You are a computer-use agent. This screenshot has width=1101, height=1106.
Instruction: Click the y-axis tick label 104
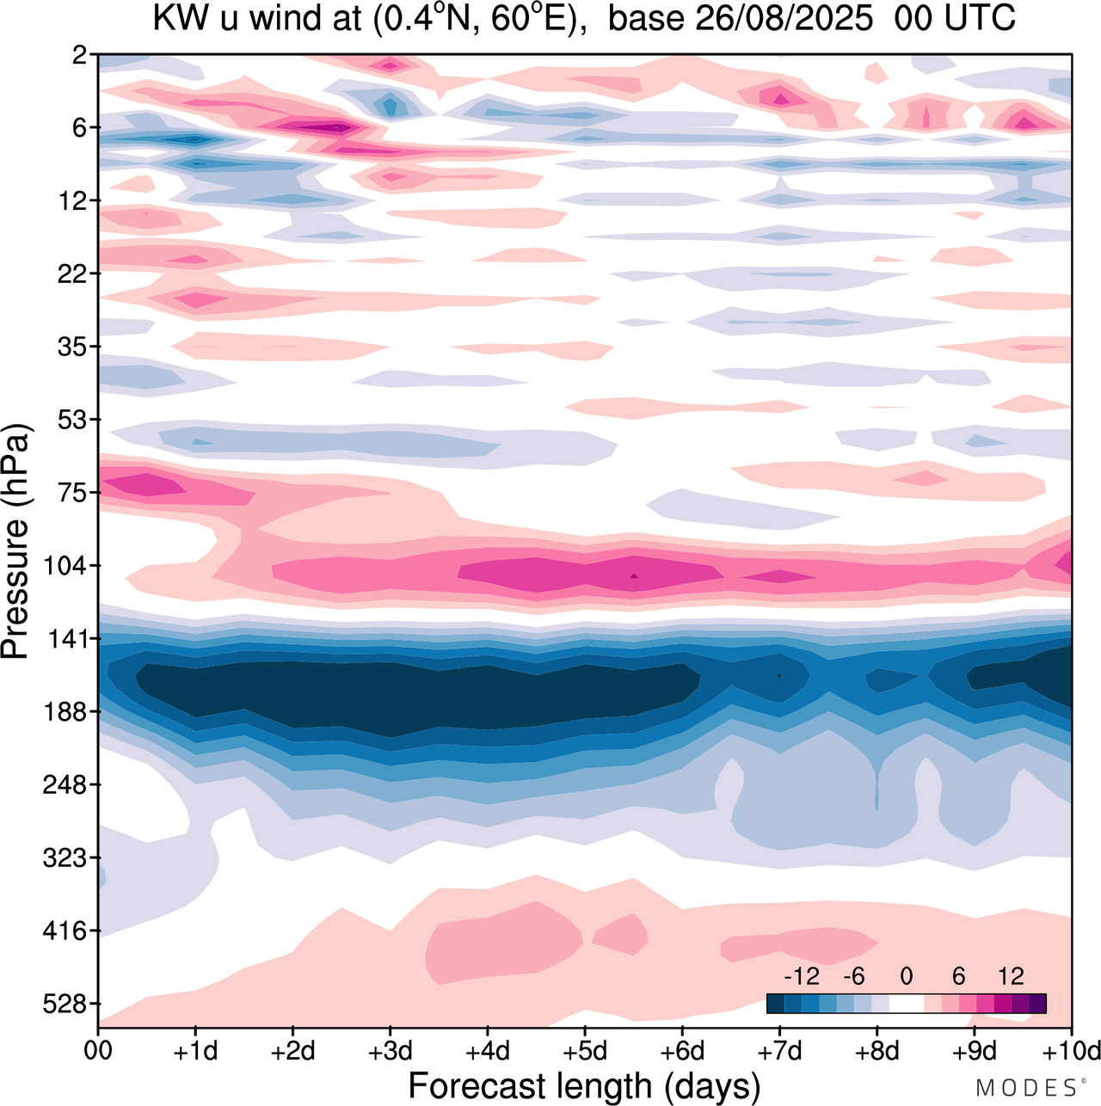pyautogui.click(x=69, y=566)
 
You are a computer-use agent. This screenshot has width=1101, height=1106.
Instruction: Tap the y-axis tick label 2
pyautogui.click(x=80, y=55)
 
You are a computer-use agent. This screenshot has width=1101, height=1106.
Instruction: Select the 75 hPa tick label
pyautogui.click(x=75, y=493)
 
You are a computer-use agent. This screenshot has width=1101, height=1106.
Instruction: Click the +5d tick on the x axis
pyautogui.click(x=584, y=1051)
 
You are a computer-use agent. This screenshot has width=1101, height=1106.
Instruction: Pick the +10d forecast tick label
pyautogui.click(x=1071, y=1051)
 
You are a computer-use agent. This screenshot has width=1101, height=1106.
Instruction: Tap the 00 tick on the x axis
pyautogui.click(x=99, y=1051)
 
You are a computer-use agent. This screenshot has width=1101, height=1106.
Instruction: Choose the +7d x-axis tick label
pyautogui.click(x=779, y=1051)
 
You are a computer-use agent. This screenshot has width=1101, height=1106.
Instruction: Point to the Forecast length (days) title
pyautogui.click(x=584, y=1085)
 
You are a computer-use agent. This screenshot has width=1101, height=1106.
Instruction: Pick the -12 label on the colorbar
pyautogui.click(x=801, y=976)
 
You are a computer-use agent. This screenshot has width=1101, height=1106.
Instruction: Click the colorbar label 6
pyautogui.click(x=958, y=976)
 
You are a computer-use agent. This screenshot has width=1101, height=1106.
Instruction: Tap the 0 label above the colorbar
pyautogui.click(x=906, y=976)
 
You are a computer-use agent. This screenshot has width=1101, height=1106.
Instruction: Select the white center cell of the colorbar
pyautogui.click(x=906, y=1003)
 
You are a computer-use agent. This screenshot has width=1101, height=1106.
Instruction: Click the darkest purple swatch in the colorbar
pyautogui.click(x=1037, y=1003)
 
